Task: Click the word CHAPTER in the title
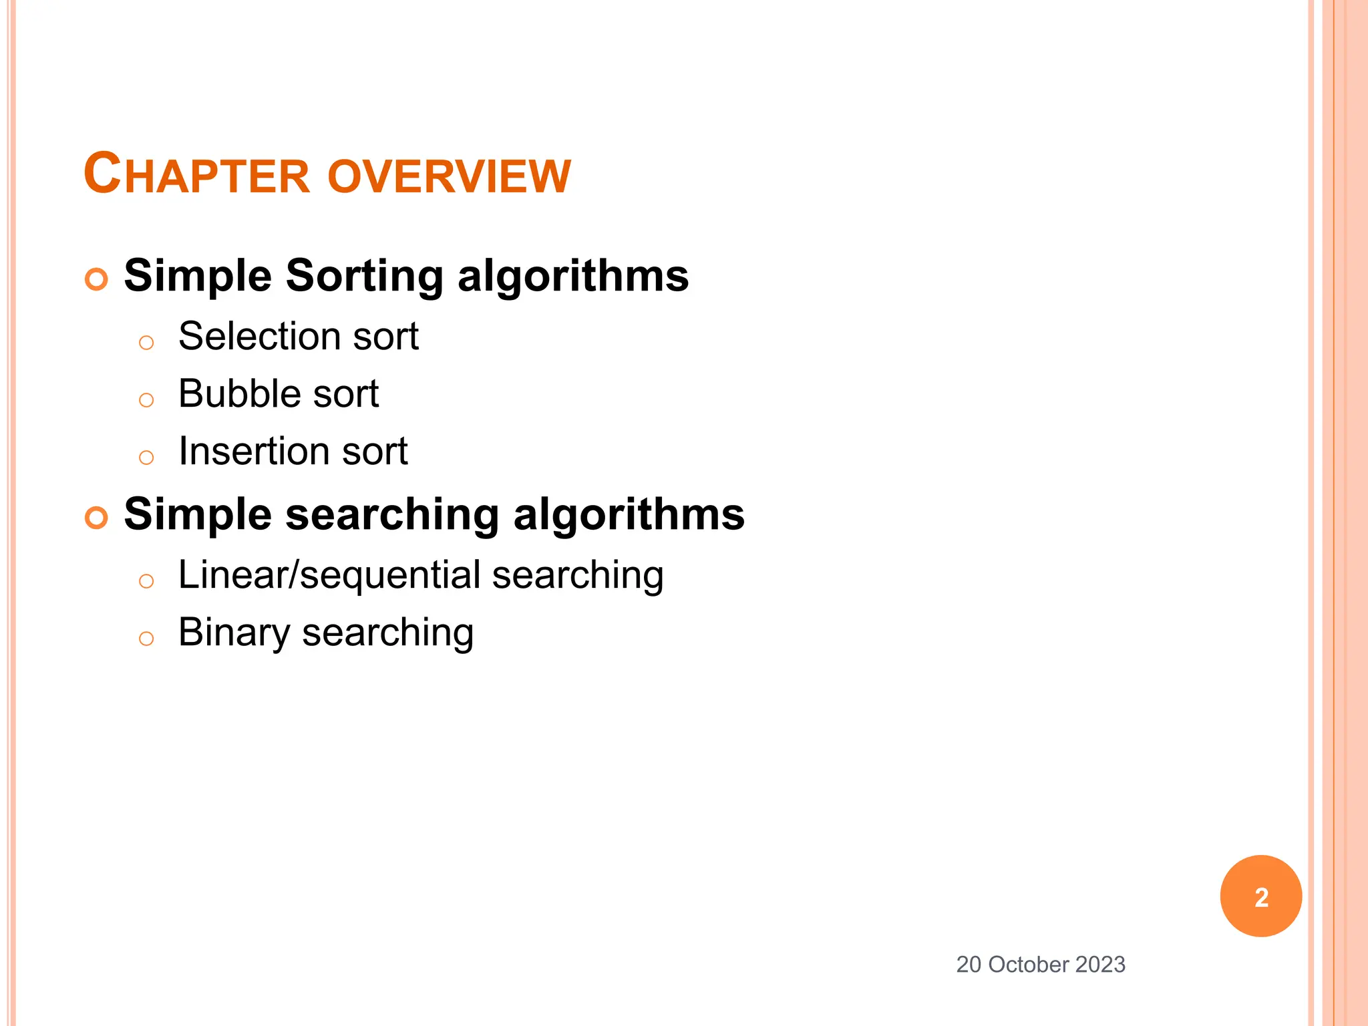[198, 175]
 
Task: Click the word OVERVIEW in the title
[449, 177]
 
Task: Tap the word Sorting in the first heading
[364, 276]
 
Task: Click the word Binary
[234, 633]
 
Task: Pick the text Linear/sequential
[329, 575]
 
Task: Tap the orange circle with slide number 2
[1260, 896]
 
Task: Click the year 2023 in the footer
[1100, 965]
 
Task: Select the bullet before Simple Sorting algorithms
[97, 279]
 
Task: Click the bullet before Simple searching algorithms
[97, 517]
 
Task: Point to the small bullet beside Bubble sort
[146, 400]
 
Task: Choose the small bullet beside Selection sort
[146, 343]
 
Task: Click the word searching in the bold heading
[392, 515]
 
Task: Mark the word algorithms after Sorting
[573, 276]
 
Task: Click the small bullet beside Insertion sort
[146, 458]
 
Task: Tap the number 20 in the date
[969, 965]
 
